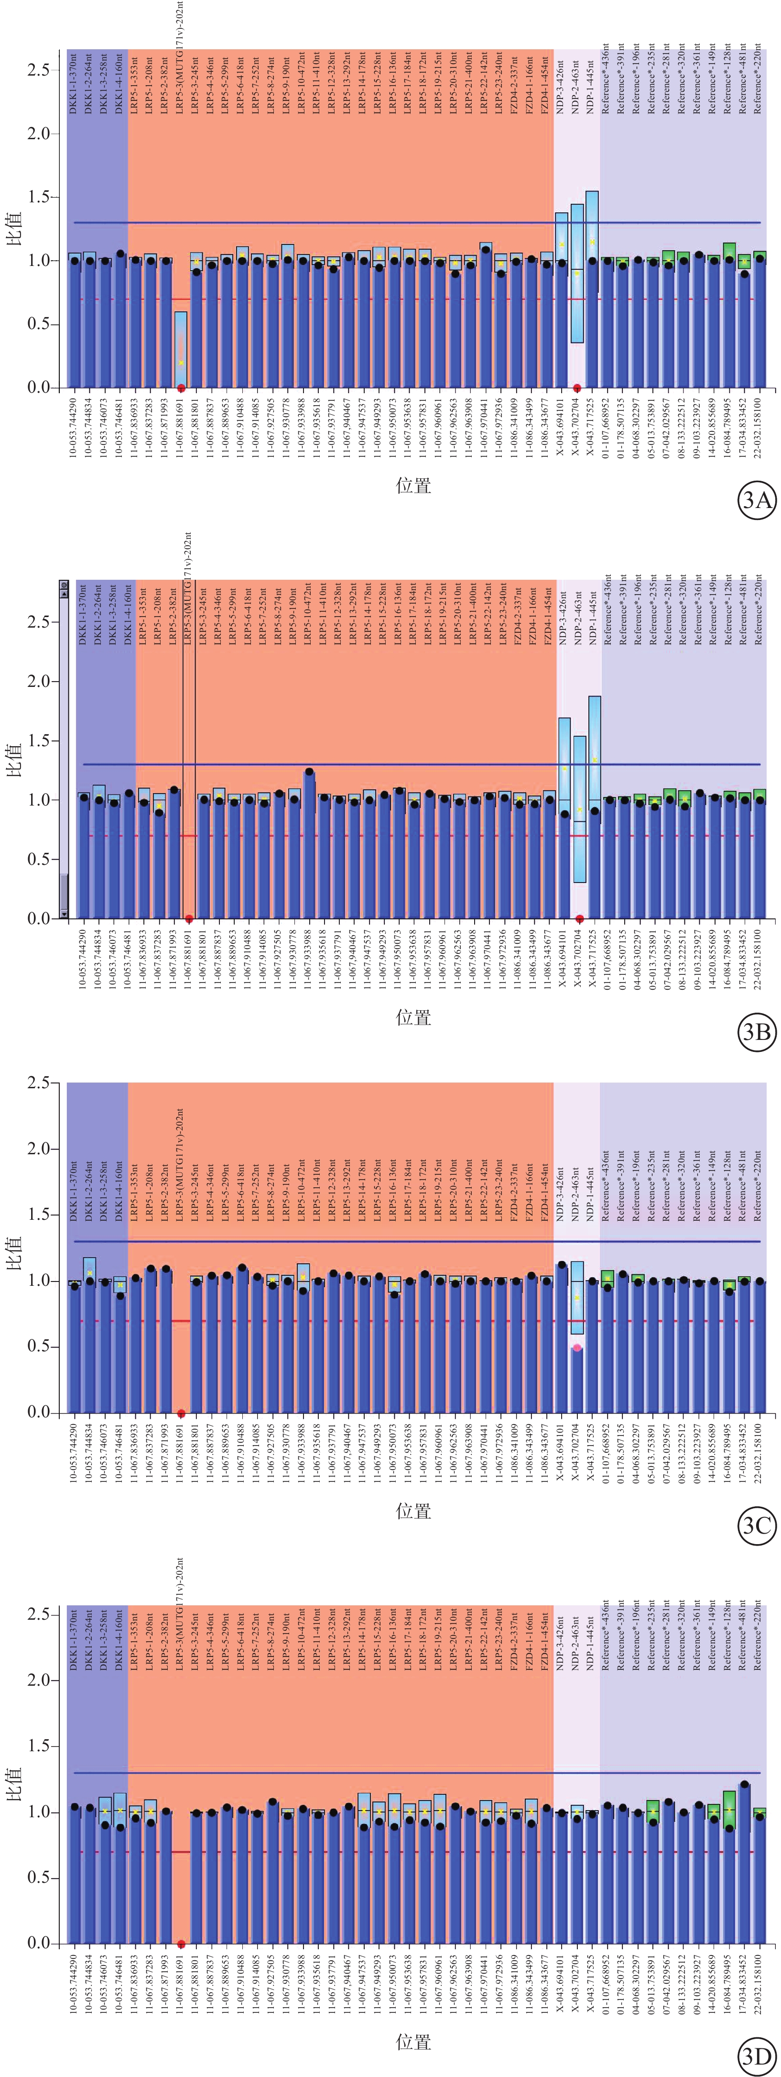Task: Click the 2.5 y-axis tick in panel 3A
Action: pos(39,70)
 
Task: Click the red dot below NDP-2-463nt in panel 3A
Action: pos(577,388)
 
